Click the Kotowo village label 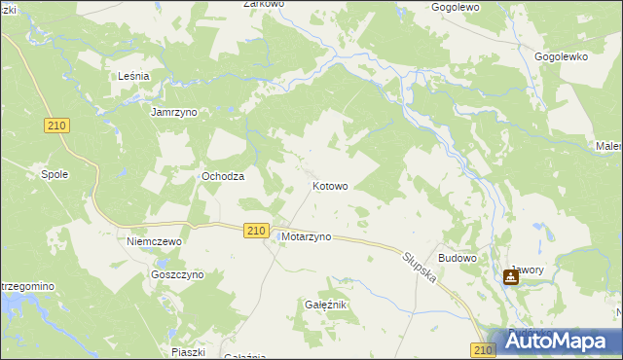coord(329,186)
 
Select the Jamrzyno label coord(174,113)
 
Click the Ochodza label coord(222,176)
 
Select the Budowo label coord(458,258)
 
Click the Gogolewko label coord(562,57)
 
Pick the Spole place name coord(54,175)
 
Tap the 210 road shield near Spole coord(57,126)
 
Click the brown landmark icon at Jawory coord(511,277)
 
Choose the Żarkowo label coord(263,5)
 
